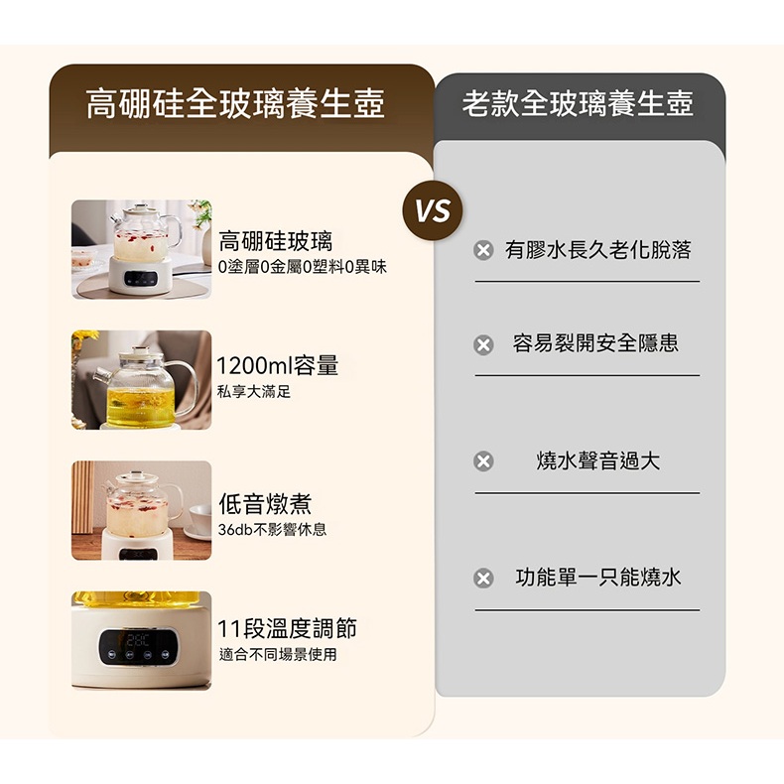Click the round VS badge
coord(433,210)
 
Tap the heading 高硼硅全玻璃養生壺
coord(235,104)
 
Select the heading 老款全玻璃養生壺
coord(578,104)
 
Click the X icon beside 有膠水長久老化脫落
coord(483,250)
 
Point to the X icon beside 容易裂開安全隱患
coord(483,345)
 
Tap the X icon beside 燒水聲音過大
coord(483,461)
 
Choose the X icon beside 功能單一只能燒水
coord(483,578)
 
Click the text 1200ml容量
coord(278,365)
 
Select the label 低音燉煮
coord(266,503)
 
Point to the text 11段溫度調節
coord(287,628)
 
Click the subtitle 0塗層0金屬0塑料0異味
coord(303,268)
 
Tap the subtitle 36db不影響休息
coord(273,530)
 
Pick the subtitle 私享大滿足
coord(254,391)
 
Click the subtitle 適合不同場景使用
coord(278,654)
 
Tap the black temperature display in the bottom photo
coord(139,647)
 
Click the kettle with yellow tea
coord(145,387)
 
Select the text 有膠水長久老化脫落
coord(598,250)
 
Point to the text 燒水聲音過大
coord(598,461)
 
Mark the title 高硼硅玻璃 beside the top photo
coord(276,241)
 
